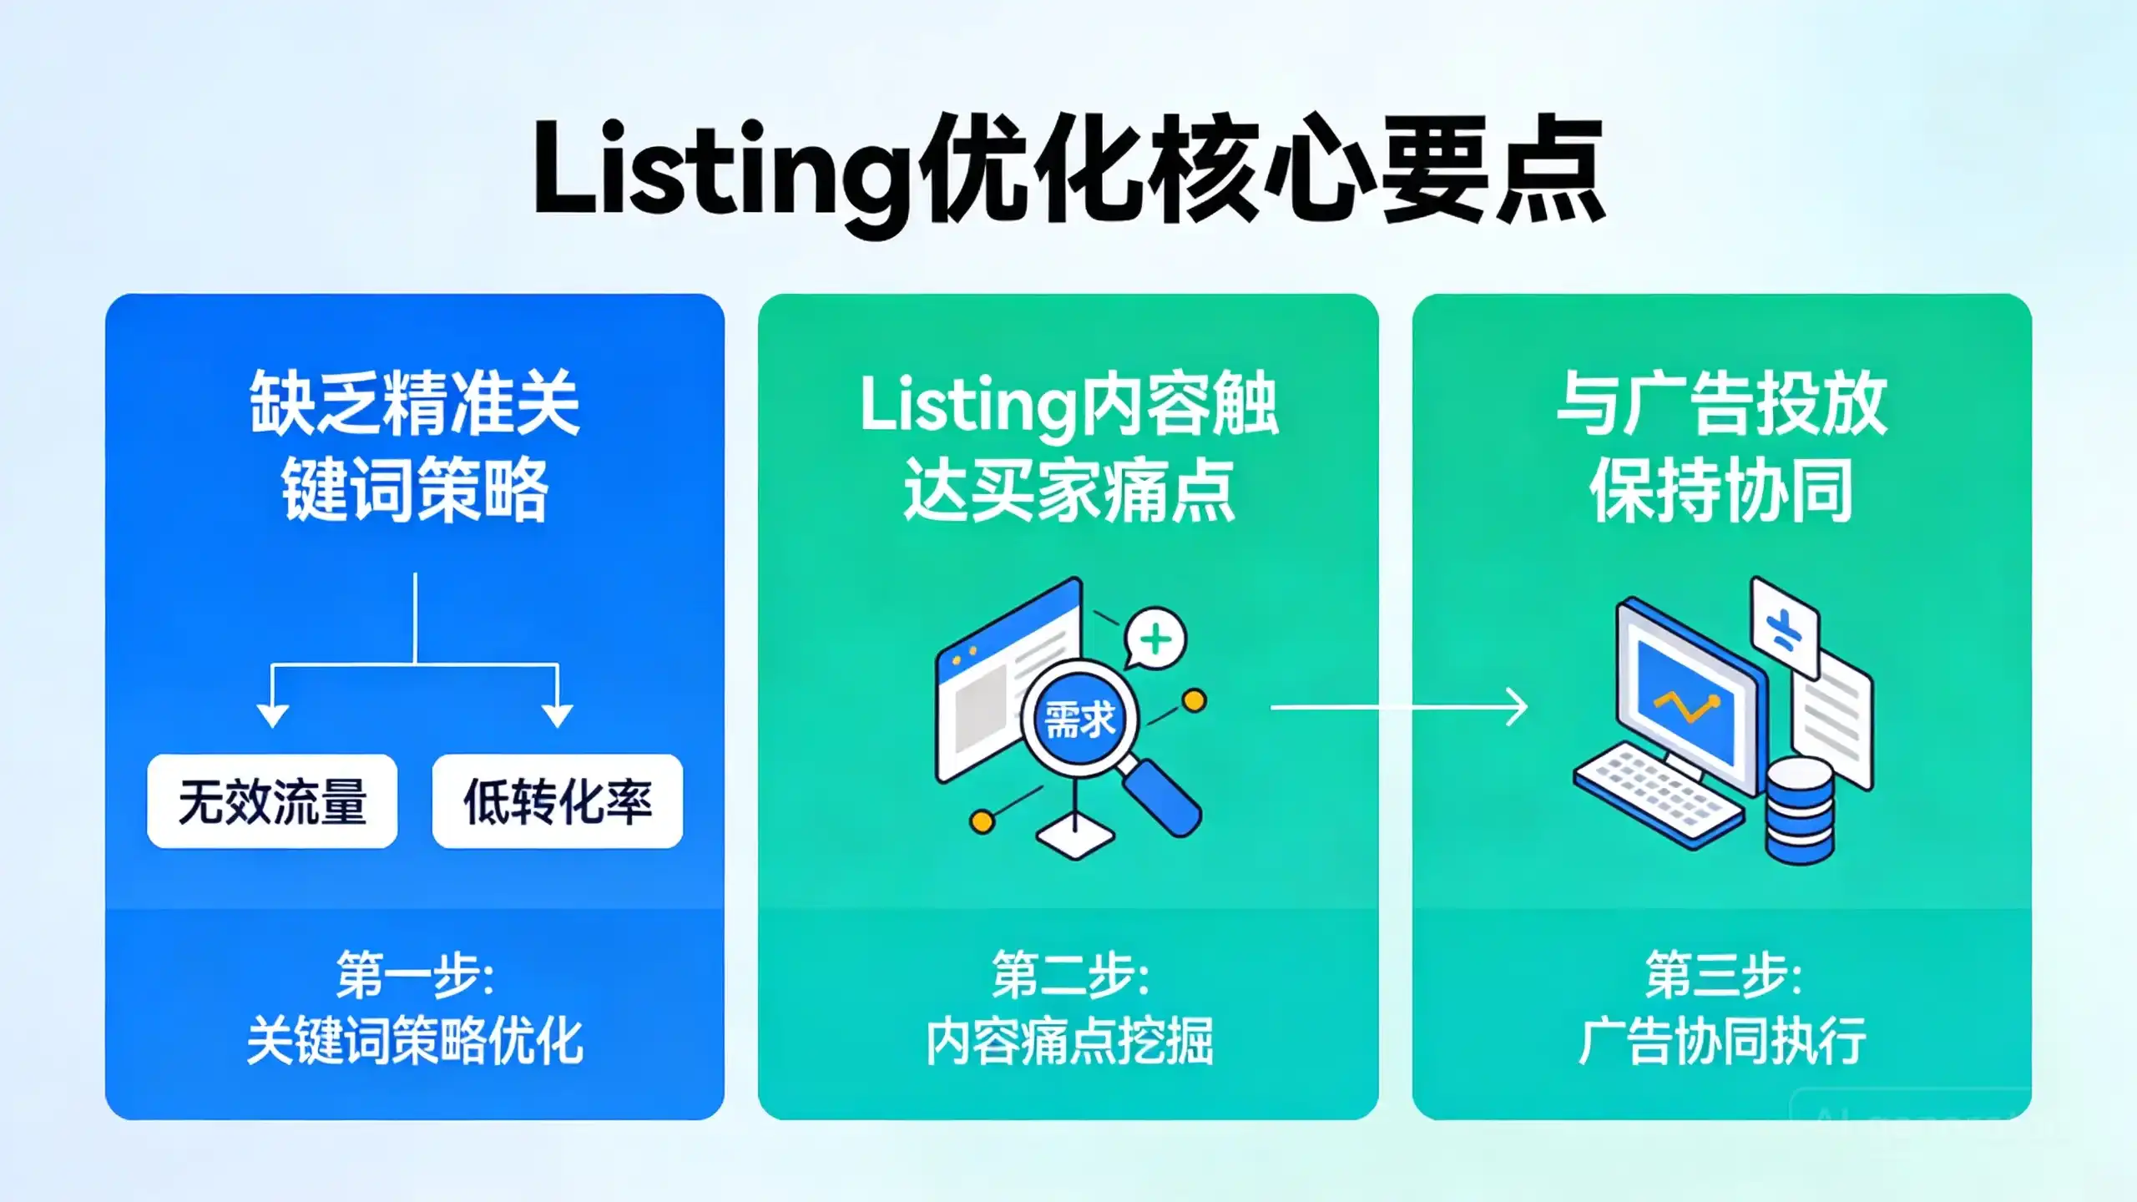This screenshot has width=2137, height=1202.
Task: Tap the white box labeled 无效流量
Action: (x=272, y=801)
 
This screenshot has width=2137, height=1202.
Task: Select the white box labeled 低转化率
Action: (x=558, y=801)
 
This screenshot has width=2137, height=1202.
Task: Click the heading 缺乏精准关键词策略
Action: (x=415, y=447)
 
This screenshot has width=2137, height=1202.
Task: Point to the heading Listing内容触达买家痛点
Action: (x=1068, y=447)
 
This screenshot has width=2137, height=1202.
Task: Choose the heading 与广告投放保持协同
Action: (x=1721, y=447)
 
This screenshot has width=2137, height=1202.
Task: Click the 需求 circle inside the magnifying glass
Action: (x=1079, y=720)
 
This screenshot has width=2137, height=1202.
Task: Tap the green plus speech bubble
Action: (x=1155, y=639)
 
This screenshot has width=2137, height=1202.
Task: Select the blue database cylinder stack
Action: (x=1801, y=811)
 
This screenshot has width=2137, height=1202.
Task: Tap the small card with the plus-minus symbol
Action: (x=1785, y=628)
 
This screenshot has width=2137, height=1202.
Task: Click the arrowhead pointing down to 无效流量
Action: (x=273, y=716)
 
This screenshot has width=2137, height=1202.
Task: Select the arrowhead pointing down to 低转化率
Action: (x=557, y=716)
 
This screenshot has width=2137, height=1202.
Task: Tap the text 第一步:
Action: (x=415, y=975)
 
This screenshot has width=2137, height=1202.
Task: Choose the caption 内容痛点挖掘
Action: (x=1069, y=1041)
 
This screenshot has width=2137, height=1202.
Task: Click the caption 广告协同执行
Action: (x=1722, y=1041)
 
